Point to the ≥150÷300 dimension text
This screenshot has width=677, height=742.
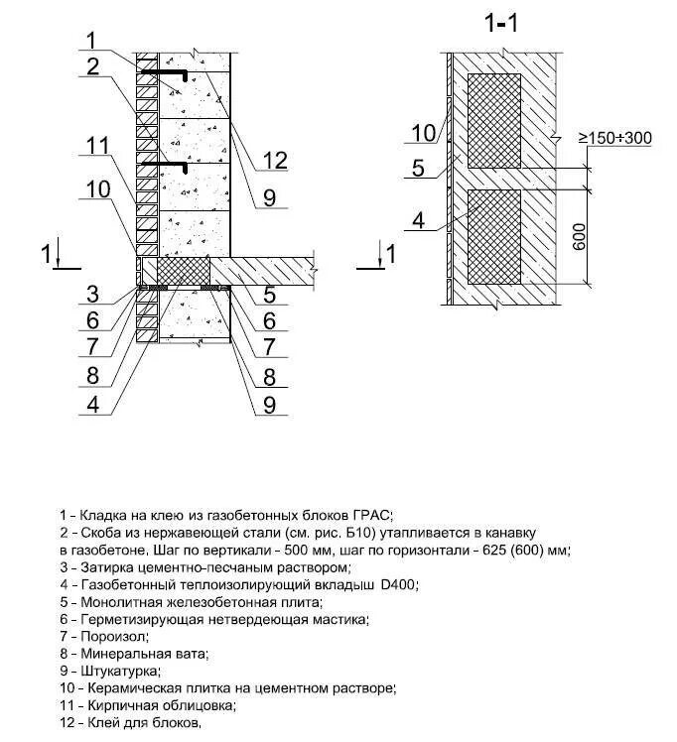point(615,138)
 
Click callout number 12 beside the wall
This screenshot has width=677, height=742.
point(276,160)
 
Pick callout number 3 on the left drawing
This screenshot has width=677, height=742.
point(91,293)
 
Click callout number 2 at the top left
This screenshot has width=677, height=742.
point(91,67)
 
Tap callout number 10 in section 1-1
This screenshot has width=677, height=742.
point(424,132)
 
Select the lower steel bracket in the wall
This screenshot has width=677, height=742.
point(164,165)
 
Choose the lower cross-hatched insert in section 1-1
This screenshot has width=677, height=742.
point(493,236)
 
